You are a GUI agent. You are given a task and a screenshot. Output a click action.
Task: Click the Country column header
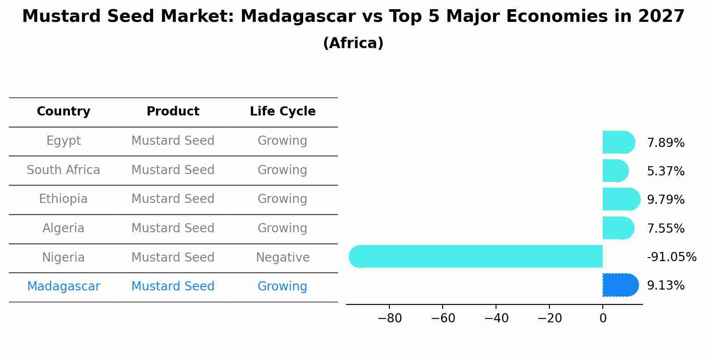coord(63,112)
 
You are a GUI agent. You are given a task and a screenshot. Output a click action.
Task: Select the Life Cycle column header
coord(283,112)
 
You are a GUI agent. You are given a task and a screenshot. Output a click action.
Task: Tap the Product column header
coord(173,112)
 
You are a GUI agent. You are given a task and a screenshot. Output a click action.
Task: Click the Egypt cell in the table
coord(63,141)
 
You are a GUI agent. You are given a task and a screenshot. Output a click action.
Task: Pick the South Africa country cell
coord(63,170)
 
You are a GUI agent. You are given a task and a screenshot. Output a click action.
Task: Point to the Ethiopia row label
coord(63,199)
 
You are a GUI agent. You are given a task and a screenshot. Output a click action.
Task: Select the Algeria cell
coord(63,228)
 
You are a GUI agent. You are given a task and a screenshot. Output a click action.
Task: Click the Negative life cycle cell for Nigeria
coord(283,258)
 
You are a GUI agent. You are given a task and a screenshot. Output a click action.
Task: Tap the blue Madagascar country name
coord(63,287)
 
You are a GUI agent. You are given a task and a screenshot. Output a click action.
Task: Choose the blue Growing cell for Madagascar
coord(282,287)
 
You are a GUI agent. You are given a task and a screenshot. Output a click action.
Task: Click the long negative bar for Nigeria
coord(477,256)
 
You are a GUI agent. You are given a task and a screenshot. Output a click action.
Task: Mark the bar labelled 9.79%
coord(621,199)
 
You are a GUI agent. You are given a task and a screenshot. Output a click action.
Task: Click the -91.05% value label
coord(671,257)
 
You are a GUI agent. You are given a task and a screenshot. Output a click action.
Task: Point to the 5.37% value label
coord(665,171)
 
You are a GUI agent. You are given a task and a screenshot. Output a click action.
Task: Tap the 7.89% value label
coord(665,143)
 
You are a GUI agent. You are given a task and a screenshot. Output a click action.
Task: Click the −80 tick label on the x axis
coord(389,318)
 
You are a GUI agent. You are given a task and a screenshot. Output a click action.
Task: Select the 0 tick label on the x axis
coord(603,318)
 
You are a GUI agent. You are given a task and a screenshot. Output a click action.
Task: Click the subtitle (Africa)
coord(353,43)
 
